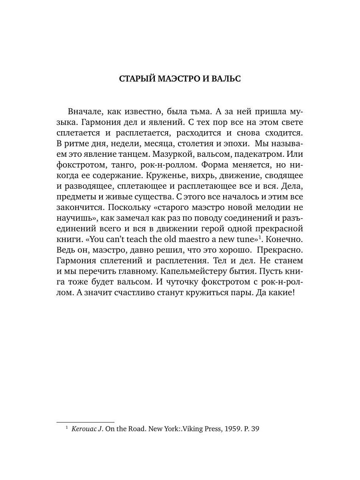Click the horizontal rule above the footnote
tap(85, 422)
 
